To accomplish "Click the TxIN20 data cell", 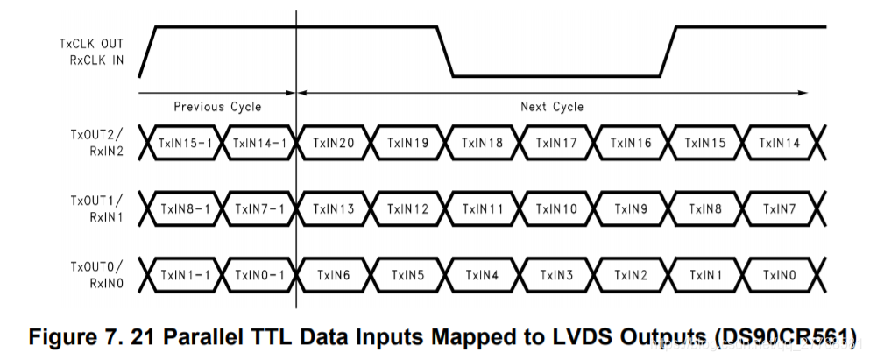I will coord(333,143).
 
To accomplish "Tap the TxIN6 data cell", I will coord(333,274).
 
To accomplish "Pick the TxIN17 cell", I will coord(555,143).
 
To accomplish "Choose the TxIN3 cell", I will coord(555,274).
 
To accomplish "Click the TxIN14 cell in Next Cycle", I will coord(779,143).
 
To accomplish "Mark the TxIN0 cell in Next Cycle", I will coord(779,274).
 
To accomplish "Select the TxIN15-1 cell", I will coord(185,143).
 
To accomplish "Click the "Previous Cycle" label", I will coord(217,107).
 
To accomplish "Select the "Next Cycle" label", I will coord(552,107).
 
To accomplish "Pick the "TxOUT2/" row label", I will coord(97,135).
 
